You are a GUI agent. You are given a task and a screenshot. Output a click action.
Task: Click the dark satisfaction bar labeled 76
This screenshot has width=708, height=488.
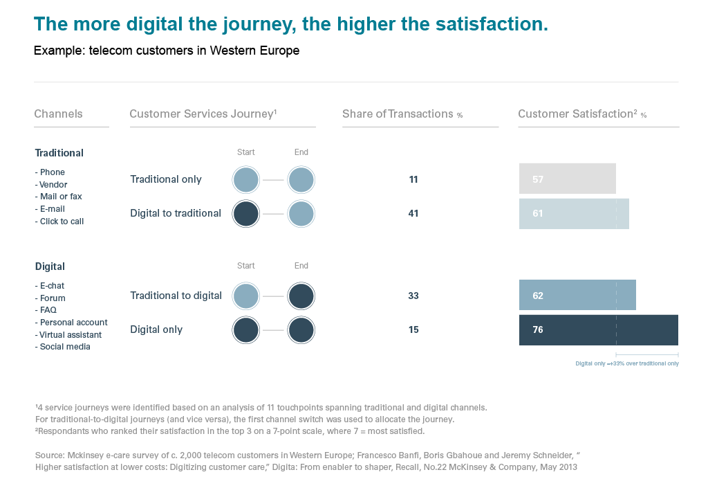point(598,329)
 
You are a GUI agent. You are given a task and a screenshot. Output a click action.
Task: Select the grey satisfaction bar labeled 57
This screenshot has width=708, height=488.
point(567,179)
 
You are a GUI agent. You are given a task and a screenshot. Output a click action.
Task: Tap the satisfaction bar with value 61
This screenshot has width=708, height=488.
point(574,213)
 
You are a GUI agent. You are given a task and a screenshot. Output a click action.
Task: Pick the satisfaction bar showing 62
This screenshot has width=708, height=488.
point(577,296)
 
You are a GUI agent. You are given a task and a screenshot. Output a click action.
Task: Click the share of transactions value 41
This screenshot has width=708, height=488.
point(413,213)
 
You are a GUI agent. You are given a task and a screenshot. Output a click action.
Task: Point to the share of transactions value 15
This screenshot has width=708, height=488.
point(413,329)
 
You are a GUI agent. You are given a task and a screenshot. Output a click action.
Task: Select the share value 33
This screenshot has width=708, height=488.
point(413,296)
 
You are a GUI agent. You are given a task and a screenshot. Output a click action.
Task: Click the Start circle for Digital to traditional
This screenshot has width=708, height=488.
point(246,213)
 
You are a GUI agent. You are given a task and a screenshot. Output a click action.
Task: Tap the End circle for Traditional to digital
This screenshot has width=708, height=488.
point(301,296)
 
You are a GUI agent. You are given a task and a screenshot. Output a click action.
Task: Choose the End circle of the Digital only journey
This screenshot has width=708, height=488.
point(301,329)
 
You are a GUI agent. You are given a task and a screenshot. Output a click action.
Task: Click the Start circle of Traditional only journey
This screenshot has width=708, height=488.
point(246,179)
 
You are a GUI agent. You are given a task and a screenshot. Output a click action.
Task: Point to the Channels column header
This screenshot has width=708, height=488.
point(58,114)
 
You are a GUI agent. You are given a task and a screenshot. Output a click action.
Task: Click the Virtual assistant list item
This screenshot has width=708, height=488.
point(71,335)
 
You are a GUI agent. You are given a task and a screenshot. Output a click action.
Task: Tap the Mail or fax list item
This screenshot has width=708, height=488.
point(61,197)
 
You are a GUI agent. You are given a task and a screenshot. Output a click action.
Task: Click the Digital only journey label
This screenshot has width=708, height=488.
point(156,329)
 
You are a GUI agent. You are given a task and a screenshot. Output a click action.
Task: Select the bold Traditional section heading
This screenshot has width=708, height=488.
point(59,153)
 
